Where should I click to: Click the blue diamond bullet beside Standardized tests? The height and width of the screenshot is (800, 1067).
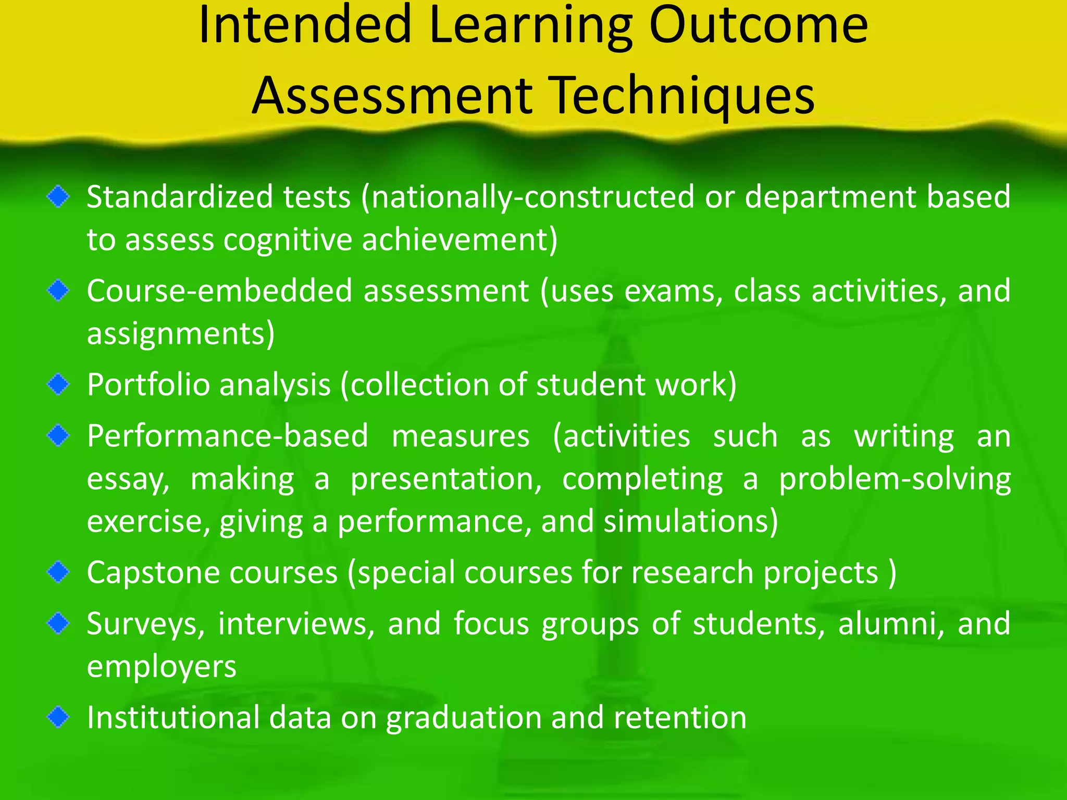coord(58,197)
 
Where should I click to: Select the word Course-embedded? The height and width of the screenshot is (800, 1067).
coord(219,291)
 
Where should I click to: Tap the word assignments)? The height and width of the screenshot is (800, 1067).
coord(180,334)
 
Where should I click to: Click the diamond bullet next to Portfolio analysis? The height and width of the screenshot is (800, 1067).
coord(58,384)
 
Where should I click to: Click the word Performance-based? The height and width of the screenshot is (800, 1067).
coord(227,436)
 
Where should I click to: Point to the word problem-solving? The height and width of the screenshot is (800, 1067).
coord(894,479)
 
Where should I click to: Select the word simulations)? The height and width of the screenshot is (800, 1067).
coord(690,521)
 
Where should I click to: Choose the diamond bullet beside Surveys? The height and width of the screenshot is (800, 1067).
coord(58,623)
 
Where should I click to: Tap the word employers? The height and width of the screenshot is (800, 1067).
coord(162,667)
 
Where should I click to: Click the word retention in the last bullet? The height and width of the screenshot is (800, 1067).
coord(680,717)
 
